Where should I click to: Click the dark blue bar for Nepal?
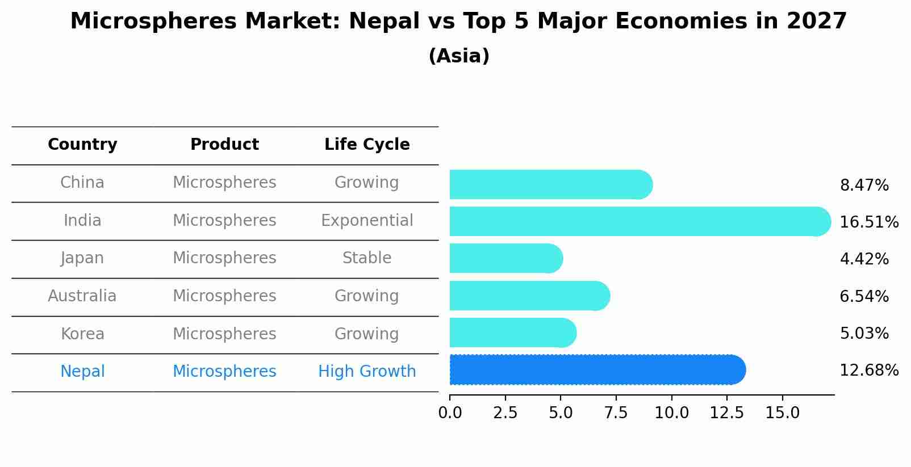[x=596, y=370]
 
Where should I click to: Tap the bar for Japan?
[x=505, y=259]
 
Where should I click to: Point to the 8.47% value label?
[x=864, y=186]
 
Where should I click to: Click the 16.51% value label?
[x=868, y=222]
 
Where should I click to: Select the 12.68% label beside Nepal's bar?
[x=868, y=371]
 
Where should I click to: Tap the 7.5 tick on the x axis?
[x=616, y=413]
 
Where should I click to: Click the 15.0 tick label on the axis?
[x=782, y=413]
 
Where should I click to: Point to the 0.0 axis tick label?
[x=450, y=413]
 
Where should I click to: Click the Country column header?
[x=82, y=145]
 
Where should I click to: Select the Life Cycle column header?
[x=367, y=145]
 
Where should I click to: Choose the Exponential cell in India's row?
[x=367, y=220]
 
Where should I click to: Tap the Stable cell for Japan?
[x=367, y=258]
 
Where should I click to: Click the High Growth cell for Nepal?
[x=367, y=372]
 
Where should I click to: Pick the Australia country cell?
[x=82, y=296]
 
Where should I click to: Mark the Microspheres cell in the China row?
[x=224, y=183]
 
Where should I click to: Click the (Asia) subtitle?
[x=459, y=56]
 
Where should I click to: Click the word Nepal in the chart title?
[x=375, y=22]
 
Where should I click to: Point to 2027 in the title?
[x=816, y=22]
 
